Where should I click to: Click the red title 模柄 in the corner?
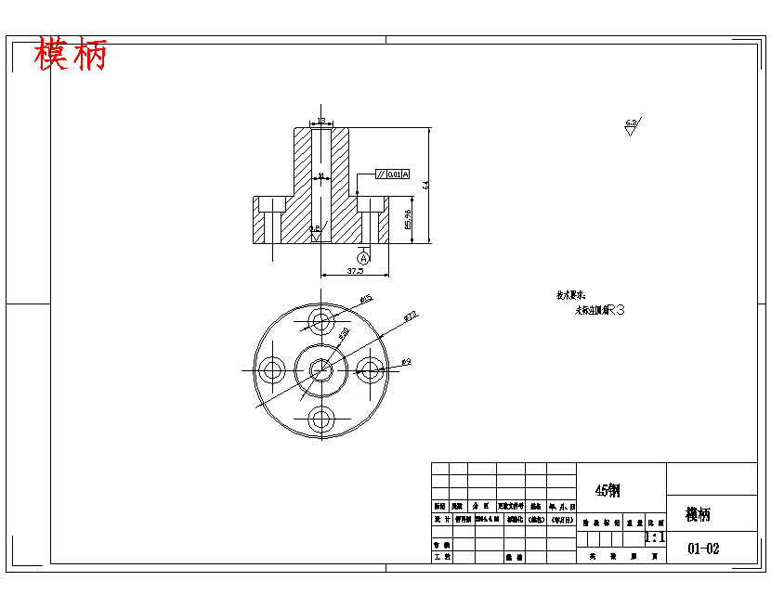coord(71,56)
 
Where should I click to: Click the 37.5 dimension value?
coord(354,271)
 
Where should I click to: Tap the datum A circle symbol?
coord(364,257)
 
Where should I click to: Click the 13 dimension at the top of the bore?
coord(321,122)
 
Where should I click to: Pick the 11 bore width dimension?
coord(321,175)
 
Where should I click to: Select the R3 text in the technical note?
coord(615,311)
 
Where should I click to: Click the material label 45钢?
coord(608,490)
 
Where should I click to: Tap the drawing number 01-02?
coord(703,549)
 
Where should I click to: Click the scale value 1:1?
coord(655,537)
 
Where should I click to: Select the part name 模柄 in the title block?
coord(698,514)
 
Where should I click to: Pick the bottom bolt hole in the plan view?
coord(321,419)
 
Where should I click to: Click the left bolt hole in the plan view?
coord(273,370)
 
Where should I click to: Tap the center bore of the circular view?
coord(321,369)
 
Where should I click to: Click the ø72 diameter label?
coord(411,316)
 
